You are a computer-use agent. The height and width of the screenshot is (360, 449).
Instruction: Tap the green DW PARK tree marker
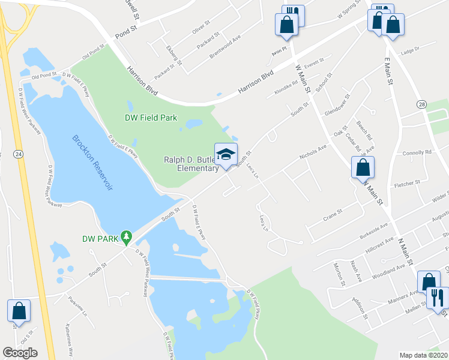point(126,238)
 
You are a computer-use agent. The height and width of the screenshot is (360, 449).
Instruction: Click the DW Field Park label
point(151,118)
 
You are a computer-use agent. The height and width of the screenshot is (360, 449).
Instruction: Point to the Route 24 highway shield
point(19,154)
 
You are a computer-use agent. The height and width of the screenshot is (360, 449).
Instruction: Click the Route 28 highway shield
point(422,104)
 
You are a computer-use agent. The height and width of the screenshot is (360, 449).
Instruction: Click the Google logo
point(20,353)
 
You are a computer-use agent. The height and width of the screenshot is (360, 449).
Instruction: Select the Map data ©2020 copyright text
point(423,355)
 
